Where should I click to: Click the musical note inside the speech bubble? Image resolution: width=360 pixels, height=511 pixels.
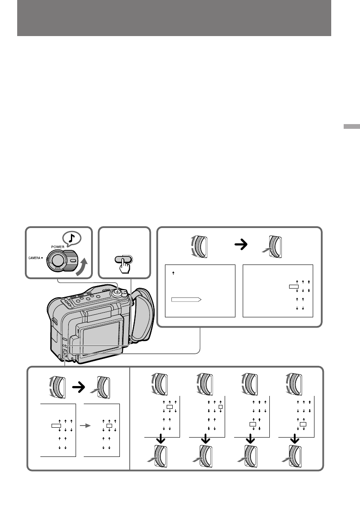point(72,239)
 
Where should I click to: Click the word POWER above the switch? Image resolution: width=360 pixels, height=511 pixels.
point(57,247)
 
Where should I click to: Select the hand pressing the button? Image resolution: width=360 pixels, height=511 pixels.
point(125,265)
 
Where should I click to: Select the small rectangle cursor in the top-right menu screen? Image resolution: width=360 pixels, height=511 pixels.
point(293,286)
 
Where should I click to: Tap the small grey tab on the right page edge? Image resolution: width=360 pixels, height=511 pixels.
point(351,127)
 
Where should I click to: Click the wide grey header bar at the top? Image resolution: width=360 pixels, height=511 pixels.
point(174,18)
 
